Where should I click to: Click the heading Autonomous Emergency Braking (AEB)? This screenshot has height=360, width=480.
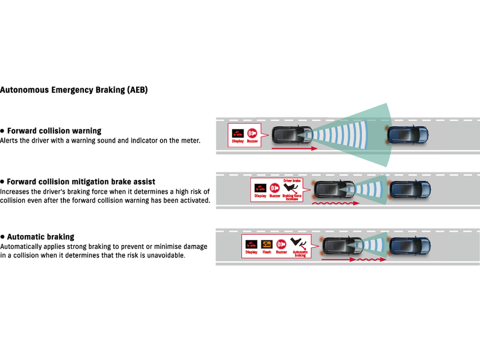[74, 90]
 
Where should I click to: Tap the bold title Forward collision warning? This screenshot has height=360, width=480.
[54, 131]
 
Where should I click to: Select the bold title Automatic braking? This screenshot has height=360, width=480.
[40, 237]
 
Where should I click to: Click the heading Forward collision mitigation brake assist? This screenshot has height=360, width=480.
[81, 182]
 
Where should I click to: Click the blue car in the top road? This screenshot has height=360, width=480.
[408, 134]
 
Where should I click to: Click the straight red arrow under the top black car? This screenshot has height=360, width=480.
[294, 148]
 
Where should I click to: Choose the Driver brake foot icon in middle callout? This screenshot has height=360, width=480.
[292, 188]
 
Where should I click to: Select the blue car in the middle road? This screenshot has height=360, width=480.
[410, 189]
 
